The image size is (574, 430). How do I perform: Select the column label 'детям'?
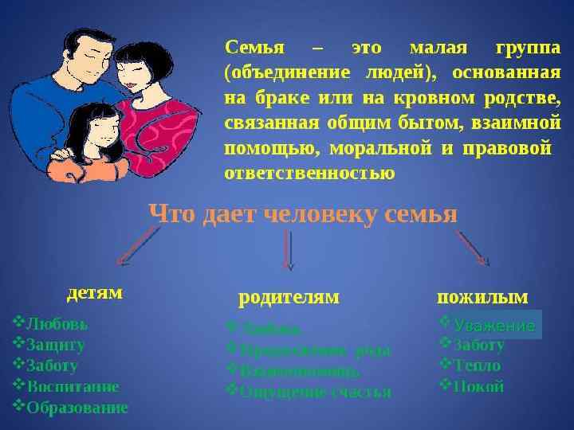tap(94, 292)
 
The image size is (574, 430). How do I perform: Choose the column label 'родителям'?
tap(289, 297)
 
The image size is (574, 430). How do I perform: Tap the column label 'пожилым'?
tap(482, 297)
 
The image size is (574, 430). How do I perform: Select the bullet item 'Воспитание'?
tap(73, 387)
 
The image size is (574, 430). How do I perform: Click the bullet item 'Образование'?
tap(77, 408)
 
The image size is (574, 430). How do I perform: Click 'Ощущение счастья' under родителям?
tap(316, 392)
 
